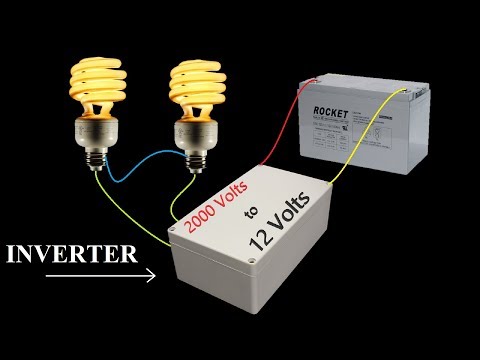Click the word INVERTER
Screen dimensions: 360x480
tap(71, 253)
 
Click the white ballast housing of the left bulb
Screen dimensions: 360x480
tap(98, 125)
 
